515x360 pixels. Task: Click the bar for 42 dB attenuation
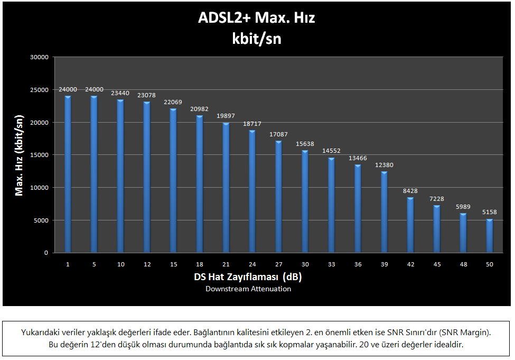410,225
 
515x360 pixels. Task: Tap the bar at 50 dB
490,236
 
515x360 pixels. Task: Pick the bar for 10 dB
120,176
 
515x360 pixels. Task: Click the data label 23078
146,96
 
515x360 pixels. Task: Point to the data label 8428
410,192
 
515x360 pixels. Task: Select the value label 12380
384,165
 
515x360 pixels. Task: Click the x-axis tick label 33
331,264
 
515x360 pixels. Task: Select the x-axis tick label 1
68,264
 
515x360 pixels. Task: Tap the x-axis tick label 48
463,264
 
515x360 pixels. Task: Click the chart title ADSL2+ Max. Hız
256,19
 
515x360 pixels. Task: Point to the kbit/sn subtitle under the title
256,38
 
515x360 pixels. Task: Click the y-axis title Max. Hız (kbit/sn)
20,155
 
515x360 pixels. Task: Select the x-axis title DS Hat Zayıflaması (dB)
248,277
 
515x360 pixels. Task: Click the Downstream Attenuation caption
248,289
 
